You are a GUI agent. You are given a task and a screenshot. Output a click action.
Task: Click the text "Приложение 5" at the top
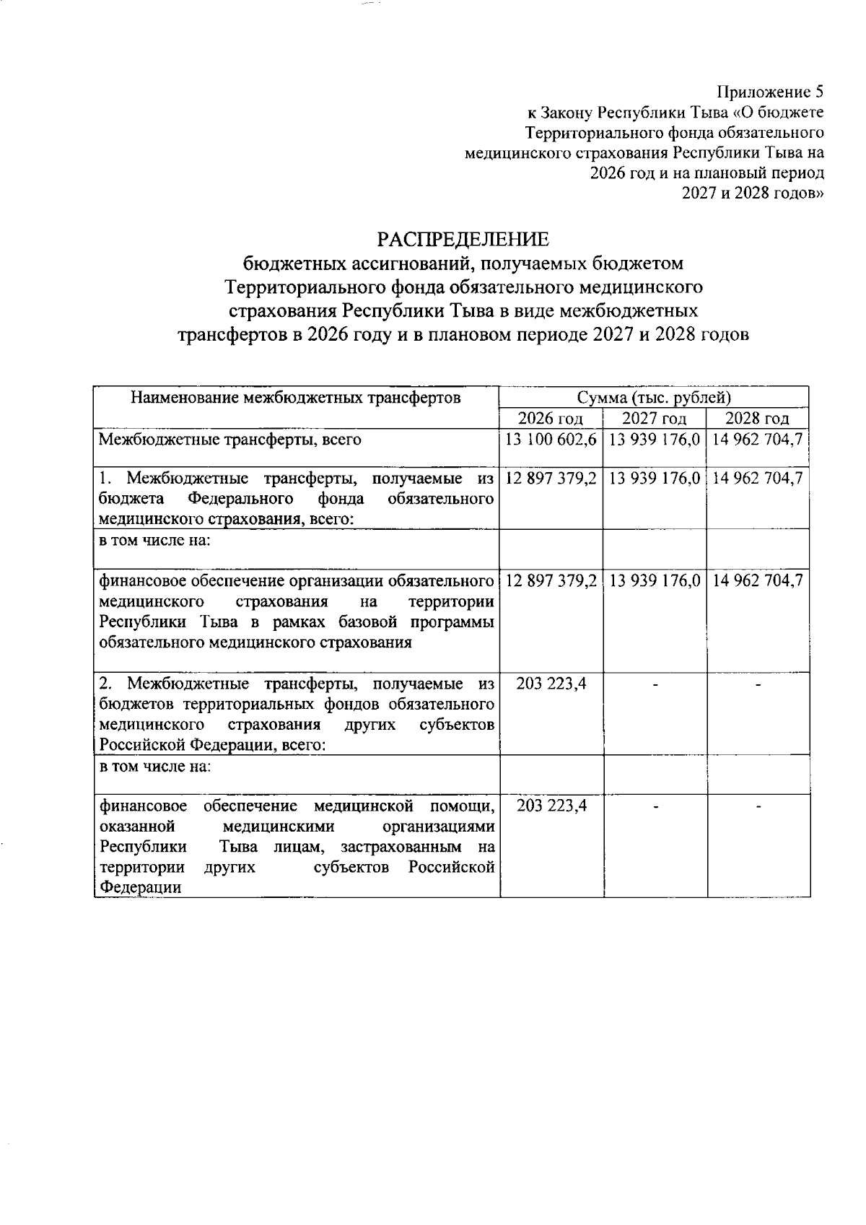[769, 92]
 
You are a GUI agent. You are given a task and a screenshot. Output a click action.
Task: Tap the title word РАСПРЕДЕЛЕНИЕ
[464, 239]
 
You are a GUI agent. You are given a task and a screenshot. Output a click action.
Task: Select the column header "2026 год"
[551, 419]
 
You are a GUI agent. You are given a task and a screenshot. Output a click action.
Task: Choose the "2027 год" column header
[654, 419]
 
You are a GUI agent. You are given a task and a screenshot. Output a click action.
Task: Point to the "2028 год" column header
[757, 419]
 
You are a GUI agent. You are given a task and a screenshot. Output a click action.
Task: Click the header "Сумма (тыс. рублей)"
[654, 397]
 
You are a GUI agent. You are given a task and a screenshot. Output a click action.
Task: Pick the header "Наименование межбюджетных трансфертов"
[296, 397]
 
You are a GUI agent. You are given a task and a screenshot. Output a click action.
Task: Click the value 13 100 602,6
[551, 439]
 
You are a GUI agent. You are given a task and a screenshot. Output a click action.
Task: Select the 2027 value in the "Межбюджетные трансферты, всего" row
[655, 439]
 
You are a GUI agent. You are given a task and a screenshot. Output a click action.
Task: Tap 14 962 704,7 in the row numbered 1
[758, 478]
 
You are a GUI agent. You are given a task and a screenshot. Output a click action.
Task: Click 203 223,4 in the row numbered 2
[551, 683]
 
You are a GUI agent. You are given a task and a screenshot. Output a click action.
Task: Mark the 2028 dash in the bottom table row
[758, 806]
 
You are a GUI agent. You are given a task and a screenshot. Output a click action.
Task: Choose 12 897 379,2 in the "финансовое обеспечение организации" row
[551, 580]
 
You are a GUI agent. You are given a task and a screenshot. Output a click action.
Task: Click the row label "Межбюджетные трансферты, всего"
[229, 439]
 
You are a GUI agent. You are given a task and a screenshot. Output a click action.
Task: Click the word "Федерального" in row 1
[240, 499]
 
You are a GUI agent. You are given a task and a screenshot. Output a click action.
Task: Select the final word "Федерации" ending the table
[140, 887]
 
